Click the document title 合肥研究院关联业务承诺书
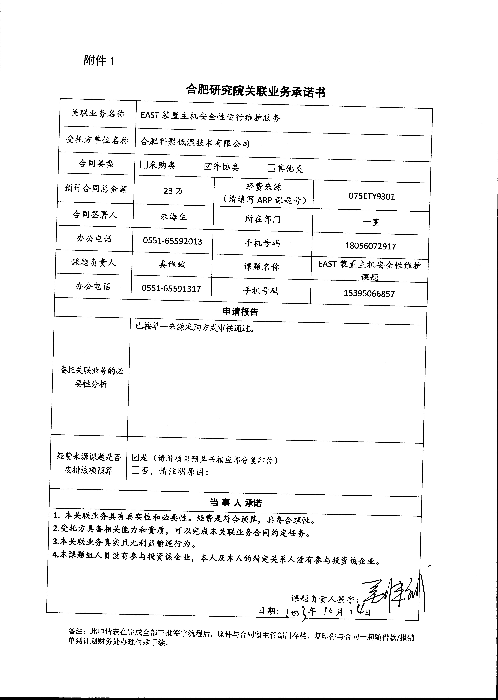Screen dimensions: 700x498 point(256,91)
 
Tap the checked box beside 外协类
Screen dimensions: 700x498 point(208,166)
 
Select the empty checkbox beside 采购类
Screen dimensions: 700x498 point(144,165)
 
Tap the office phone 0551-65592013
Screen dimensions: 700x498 point(172,241)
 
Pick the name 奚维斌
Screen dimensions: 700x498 point(172,264)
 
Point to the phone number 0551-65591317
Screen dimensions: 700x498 point(171,289)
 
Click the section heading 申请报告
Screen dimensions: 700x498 point(240,312)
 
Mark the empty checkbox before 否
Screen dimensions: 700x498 point(135,471)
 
